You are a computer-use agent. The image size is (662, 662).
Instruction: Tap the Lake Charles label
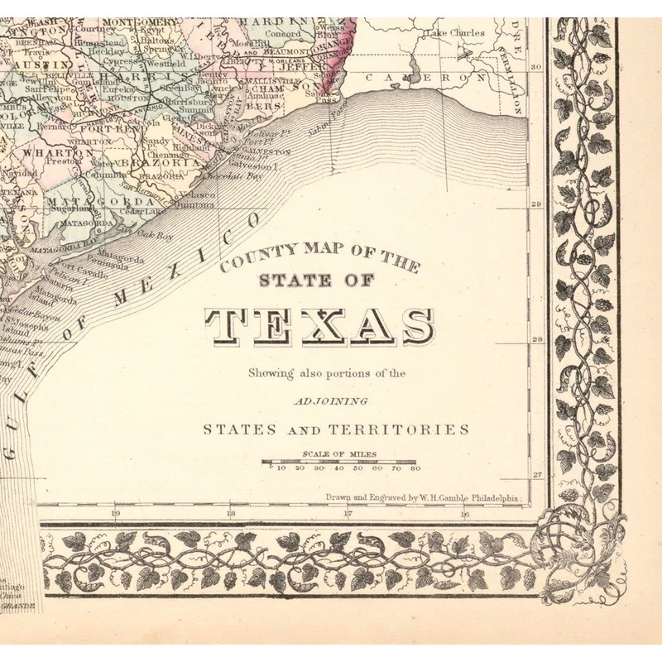[451, 34]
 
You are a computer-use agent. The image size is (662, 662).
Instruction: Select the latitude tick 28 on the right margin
[535, 339]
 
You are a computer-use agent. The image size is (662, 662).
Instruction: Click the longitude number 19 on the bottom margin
[115, 514]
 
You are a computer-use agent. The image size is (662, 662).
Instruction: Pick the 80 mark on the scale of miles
[415, 468]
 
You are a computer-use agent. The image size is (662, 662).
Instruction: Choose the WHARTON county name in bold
[50, 152]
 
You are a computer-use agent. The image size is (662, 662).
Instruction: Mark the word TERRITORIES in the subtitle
[414, 429]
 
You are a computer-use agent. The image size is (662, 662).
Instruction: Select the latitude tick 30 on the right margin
[535, 68]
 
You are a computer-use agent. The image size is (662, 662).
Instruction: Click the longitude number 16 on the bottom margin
[465, 514]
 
